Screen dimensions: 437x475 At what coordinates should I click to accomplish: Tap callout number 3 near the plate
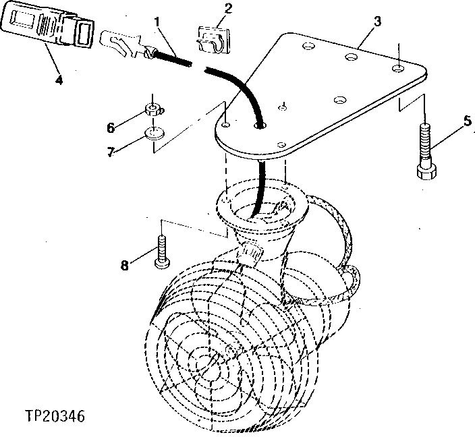[x=377, y=21]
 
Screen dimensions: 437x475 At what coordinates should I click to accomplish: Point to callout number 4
[x=59, y=80]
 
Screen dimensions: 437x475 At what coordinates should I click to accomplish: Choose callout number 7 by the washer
[x=111, y=152]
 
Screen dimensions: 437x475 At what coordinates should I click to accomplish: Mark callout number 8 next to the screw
[x=123, y=265]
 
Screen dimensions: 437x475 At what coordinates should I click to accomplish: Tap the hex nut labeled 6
[x=154, y=109]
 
